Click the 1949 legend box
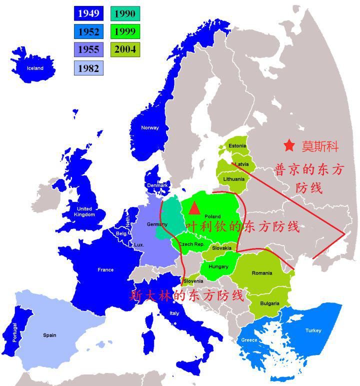(x=88, y=13)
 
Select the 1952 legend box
(x=88, y=32)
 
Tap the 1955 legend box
(x=88, y=50)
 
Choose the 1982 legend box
(x=88, y=68)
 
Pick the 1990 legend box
(x=124, y=13)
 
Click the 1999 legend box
(x=124, y=32)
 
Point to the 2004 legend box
(x=124, y=50)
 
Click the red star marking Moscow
(x=289, y=145)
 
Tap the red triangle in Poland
(x=194, y=208)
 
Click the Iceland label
(x=35, y=68)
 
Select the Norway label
(x=149, y=127)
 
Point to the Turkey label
(x=313, y=330)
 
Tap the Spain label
(x=49, y=335)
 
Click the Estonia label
(x=237, y=146)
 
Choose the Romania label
(x=262, y=273)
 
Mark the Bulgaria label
(x=270, y=303)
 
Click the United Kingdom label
(x=84, y=211)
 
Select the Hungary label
(x=218, y=266)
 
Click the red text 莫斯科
(x=320, y=146)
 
